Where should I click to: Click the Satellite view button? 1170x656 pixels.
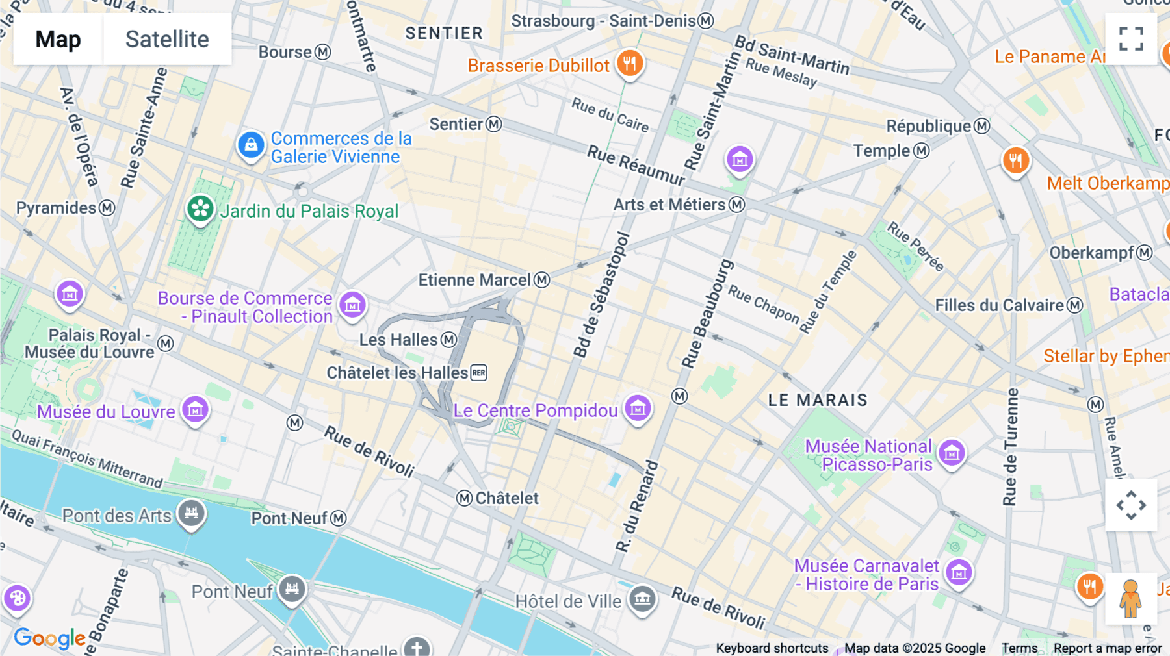click(167, 39)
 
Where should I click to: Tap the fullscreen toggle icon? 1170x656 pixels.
click(1131, 39)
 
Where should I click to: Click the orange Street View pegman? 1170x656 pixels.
click(1130, 599)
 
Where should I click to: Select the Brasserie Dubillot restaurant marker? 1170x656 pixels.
click(629, 64)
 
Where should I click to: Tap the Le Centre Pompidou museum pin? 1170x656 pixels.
click(638, 409)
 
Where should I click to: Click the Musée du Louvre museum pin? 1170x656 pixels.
click(195, 410)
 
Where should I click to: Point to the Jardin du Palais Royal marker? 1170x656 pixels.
click(200, 209)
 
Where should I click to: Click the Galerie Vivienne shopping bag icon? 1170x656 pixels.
click(251, 145)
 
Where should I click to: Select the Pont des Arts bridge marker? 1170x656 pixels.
click(191, 513)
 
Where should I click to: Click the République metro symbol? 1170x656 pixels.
click(982, 126)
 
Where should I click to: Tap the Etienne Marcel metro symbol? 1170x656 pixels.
click(542, 280)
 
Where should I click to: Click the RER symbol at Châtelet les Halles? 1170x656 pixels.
click(479, 373)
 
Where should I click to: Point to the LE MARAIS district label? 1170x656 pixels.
click(818, 400)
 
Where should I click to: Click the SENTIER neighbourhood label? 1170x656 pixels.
click(444, 33)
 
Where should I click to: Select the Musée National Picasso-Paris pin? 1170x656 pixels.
click(952, 453)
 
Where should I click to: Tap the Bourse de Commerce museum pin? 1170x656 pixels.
click(352, 305)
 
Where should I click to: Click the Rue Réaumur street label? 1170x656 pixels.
click(636, 165)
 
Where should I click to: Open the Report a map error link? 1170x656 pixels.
click(1108, 648)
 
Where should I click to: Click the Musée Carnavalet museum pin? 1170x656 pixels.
click(959, 572)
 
